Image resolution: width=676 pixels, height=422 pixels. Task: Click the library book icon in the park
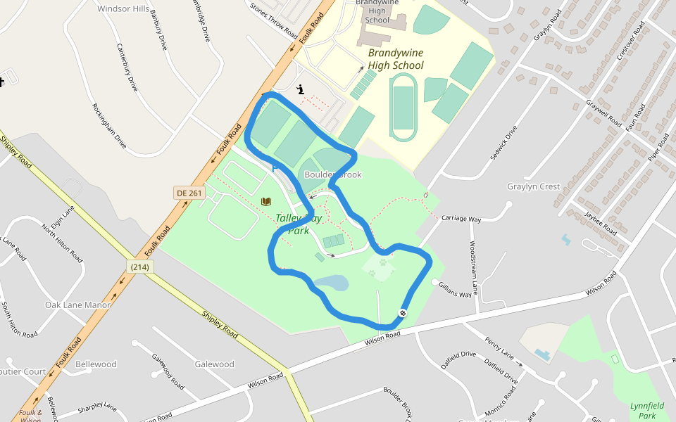(x=266, y=202)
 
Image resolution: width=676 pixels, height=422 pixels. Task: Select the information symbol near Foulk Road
(x=301, y=89)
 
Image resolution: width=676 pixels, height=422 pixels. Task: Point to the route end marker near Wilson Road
(x=402, y=313)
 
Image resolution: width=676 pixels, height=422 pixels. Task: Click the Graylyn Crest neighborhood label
(x=533, y=186)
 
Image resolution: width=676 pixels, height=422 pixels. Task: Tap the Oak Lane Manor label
(x=77, y=305)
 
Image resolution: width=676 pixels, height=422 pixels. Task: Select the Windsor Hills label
(x=123, y=9)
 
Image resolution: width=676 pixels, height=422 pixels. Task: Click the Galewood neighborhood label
(x=214, y=364)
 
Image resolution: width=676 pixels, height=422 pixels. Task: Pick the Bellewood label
(x=96, y=364)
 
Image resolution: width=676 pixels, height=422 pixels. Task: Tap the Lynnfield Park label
(x=647, y=411)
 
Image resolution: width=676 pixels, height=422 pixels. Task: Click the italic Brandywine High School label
(x=396, y=59)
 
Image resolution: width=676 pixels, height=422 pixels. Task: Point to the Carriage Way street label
(x=461, y=219)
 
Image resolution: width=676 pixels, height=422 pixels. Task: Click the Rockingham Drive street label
(x=109, y=126)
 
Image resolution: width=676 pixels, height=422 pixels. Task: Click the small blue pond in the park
(x=330, y=283)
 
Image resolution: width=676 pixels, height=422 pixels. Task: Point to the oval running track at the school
(x=403, y=103)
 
